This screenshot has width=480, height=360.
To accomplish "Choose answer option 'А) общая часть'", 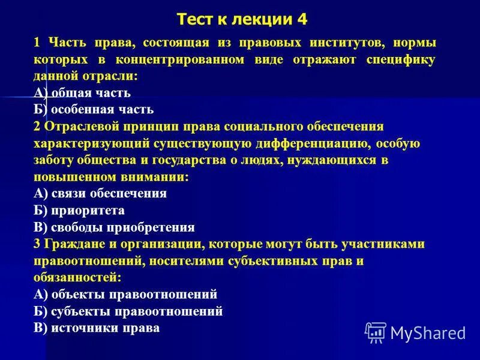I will (x=82, y=93).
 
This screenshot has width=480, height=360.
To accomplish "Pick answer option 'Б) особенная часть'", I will (x=94, y=110).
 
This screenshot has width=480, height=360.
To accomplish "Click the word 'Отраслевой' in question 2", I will (x=83, y=127).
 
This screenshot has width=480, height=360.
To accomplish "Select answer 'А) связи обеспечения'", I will (x=100, y=194).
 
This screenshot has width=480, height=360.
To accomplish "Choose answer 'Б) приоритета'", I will (x=79, y=211).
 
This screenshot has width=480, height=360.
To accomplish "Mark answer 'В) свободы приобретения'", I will (x=114, y=227).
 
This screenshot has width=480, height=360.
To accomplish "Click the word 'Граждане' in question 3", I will (x=74, y=244).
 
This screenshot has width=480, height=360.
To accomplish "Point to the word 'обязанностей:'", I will (x=78, y=278).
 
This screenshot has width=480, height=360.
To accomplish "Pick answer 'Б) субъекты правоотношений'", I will (x=128, y=311).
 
